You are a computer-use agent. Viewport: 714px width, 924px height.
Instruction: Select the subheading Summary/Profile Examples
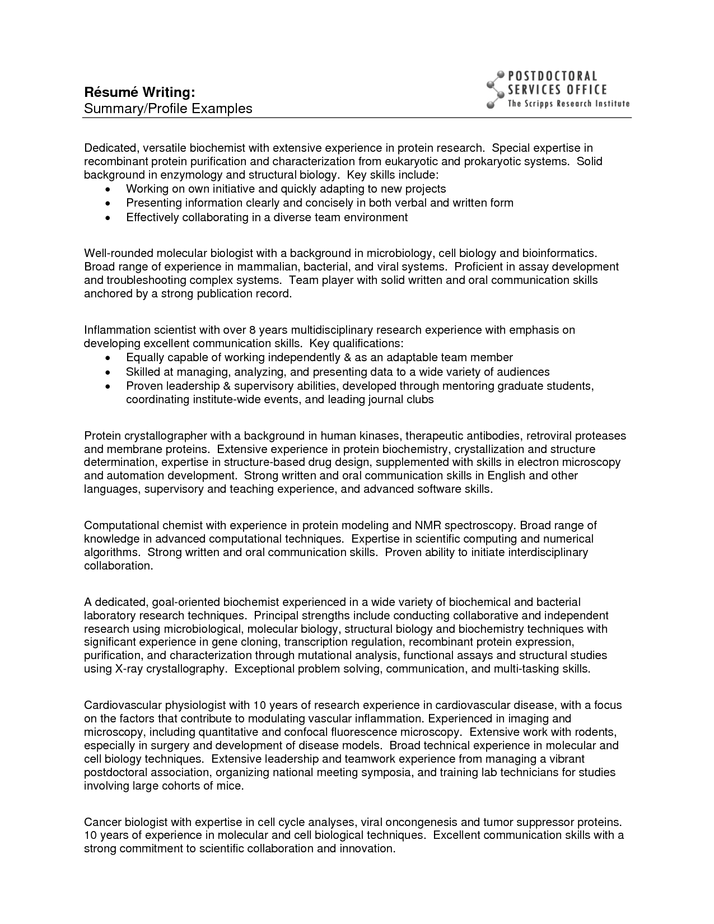point(168,108)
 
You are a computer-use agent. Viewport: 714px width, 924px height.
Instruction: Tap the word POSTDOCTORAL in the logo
point(552,76)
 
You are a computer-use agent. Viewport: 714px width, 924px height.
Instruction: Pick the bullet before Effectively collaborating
point(108,218)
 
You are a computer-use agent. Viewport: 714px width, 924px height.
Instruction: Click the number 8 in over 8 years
point(253,330)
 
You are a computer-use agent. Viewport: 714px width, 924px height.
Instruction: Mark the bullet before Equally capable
point(108,358)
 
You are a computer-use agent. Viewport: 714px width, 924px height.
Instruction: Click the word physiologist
point(192,705)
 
